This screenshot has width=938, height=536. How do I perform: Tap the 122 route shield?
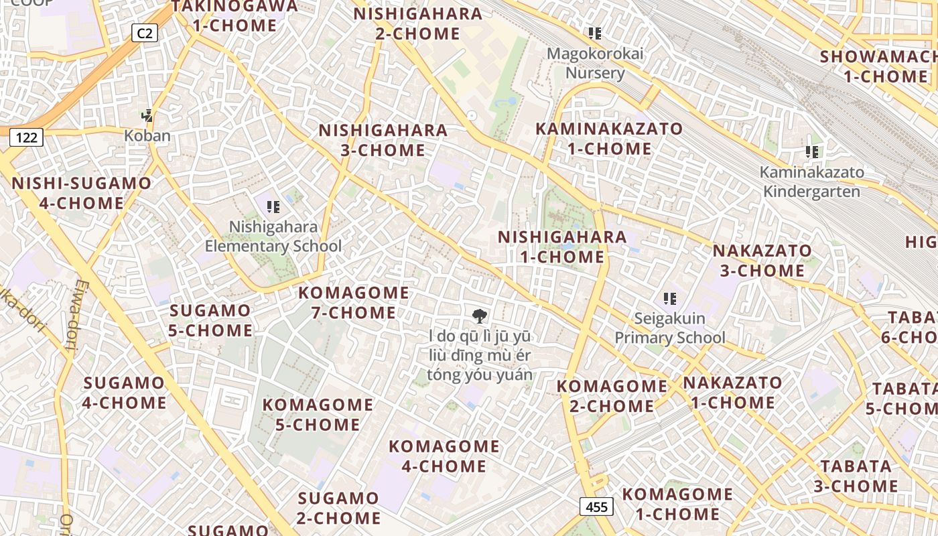[x=26, y=137]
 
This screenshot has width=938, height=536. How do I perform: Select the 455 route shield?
[x=596, y=507]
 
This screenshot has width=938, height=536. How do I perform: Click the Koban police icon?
[x=147, y=116]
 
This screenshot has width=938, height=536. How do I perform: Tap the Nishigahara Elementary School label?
[x=273, y=237]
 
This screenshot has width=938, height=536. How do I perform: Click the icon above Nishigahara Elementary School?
[x=273, y=207]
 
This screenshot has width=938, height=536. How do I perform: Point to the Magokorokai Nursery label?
[x=595, y=63]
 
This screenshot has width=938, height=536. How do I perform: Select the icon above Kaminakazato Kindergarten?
[x=812, y=152]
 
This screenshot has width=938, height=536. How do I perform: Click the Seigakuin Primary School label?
[x=669, y=328]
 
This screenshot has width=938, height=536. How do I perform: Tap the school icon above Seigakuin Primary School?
[x=669, y=298]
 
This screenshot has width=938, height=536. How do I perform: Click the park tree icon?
[x=479, y=316]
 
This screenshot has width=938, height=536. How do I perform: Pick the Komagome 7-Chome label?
[x=354, y=303]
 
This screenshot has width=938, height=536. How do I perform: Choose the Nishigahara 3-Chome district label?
[x=383, y=140]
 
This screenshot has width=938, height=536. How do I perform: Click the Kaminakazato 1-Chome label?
[x=609, y=139]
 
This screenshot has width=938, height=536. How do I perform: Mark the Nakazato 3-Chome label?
[x=762, y=261]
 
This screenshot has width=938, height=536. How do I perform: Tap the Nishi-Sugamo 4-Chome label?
[x=82, y=193]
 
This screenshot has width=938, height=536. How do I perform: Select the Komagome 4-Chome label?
[x=444, y=456]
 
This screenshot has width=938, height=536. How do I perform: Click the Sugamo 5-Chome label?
[x=211, y=320]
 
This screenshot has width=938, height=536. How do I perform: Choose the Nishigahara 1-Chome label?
[x=562, y=247]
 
